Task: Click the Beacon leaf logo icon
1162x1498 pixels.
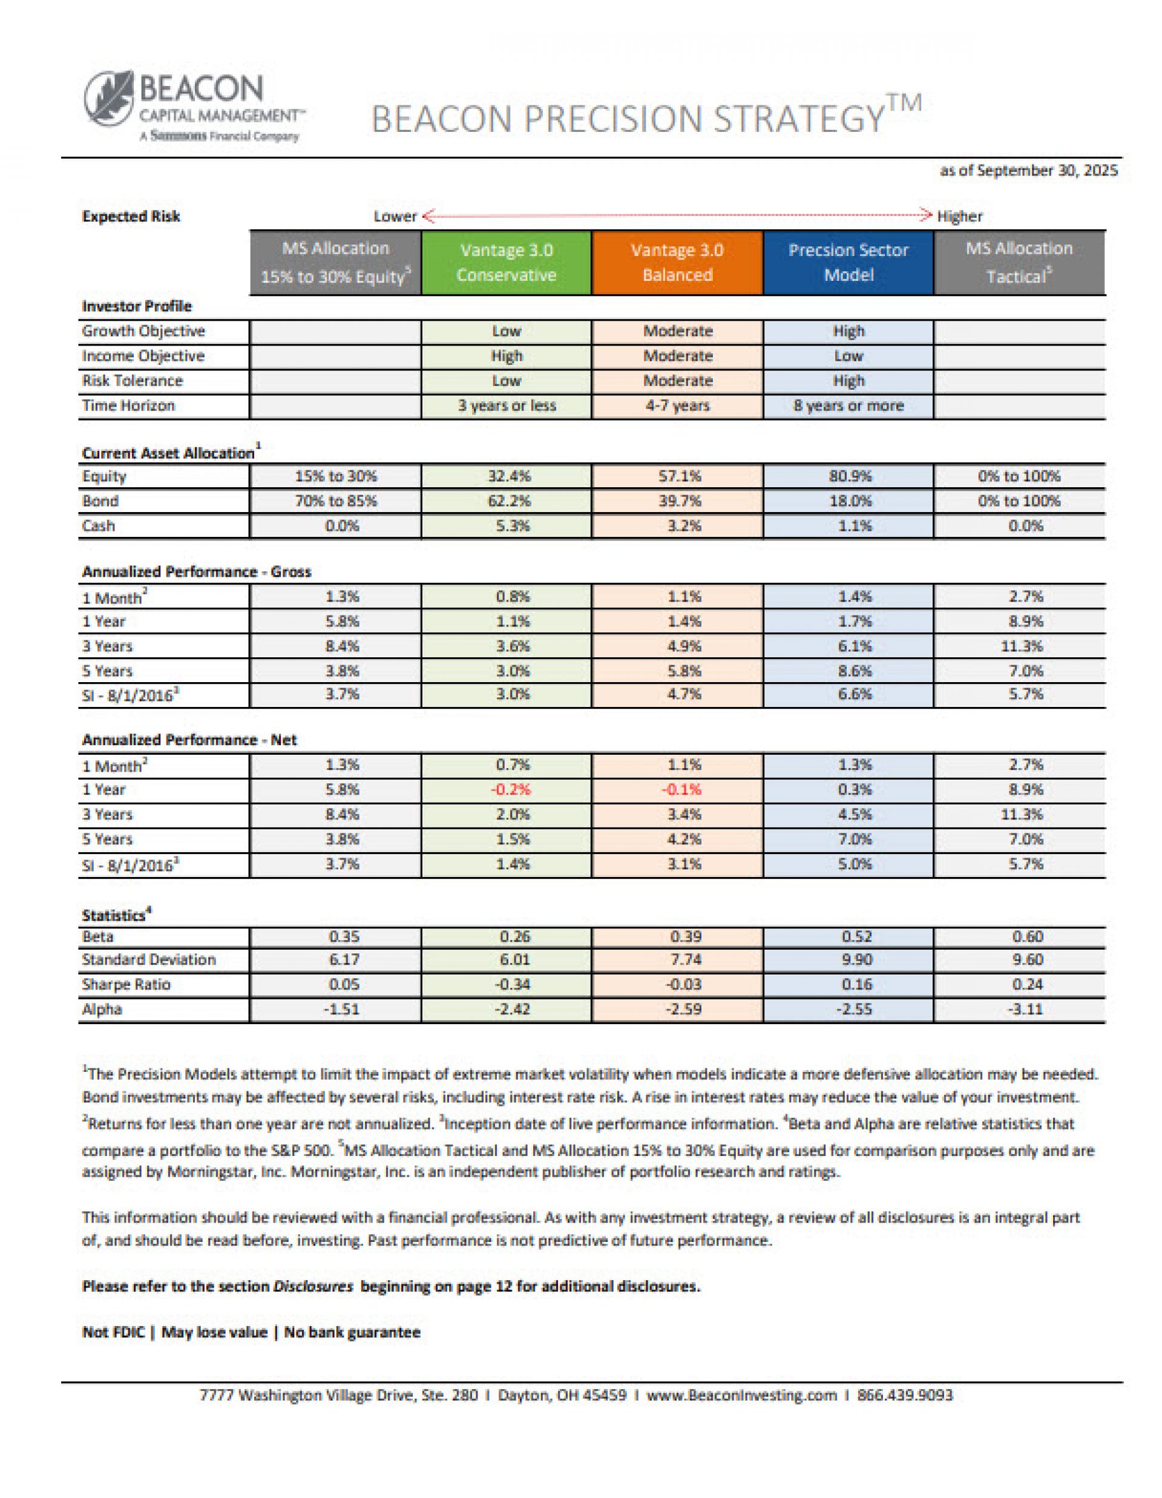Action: point(110,99)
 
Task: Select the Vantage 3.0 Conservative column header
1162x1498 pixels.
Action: point(506,263)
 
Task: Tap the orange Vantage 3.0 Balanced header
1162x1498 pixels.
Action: point(677,263)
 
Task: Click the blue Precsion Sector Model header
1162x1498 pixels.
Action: point(848,263)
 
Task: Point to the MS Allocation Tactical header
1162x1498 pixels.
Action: point(1019,263)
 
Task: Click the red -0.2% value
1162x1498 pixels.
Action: point(510,789)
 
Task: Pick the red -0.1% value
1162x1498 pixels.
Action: point(681,789)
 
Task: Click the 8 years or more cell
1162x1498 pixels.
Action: point(849,406)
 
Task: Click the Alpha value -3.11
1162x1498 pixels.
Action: point(1025,1009)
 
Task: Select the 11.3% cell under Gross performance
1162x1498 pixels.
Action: point(1025,646)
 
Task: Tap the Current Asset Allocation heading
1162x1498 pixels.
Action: point(168,453)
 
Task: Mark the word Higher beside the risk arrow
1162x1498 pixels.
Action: point(960,217)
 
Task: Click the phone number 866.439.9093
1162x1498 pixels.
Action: point(905,1395)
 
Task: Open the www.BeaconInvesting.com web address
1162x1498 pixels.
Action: point(741,1395)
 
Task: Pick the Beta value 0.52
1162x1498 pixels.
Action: point(855,937)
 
